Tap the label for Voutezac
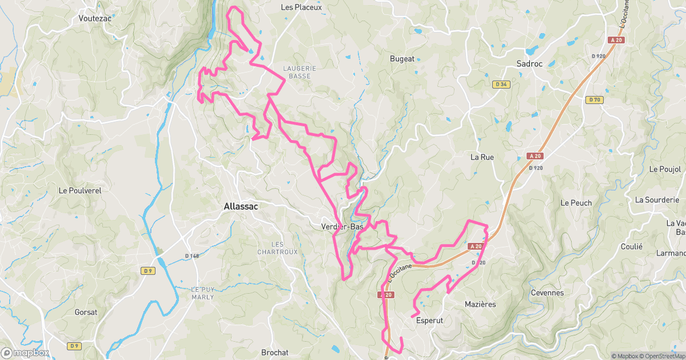pyautogui.click(x=94, y=18)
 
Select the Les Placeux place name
pyautogui.click(x=301, y=7)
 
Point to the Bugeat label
pyautogui.click(x=402, y=59)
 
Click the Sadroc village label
pyautogui.click(x=529, y=64)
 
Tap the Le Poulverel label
pyautogui.click(x=80, y=191)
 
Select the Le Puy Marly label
pyautogui.click(x=202, y=293)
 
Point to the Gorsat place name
pyautogui.click(x=86, y=313)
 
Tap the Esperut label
pyautogui.click(x=430, y=321)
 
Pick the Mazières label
pyautogui.click(x=480, y=305)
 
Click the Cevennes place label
pyautogui.click(x=547, y=293)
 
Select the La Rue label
pyautogui.click(x=482, y=157)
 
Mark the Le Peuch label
pyautogui.click(x=576, y=203)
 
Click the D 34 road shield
pyautogui.click(x=501, y=85)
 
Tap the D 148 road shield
pyautogui.click(x=192, y=255)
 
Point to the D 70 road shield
pyautogui.click(x=595, y=100)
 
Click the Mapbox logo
pyautogui.click(x=25, y=353)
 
